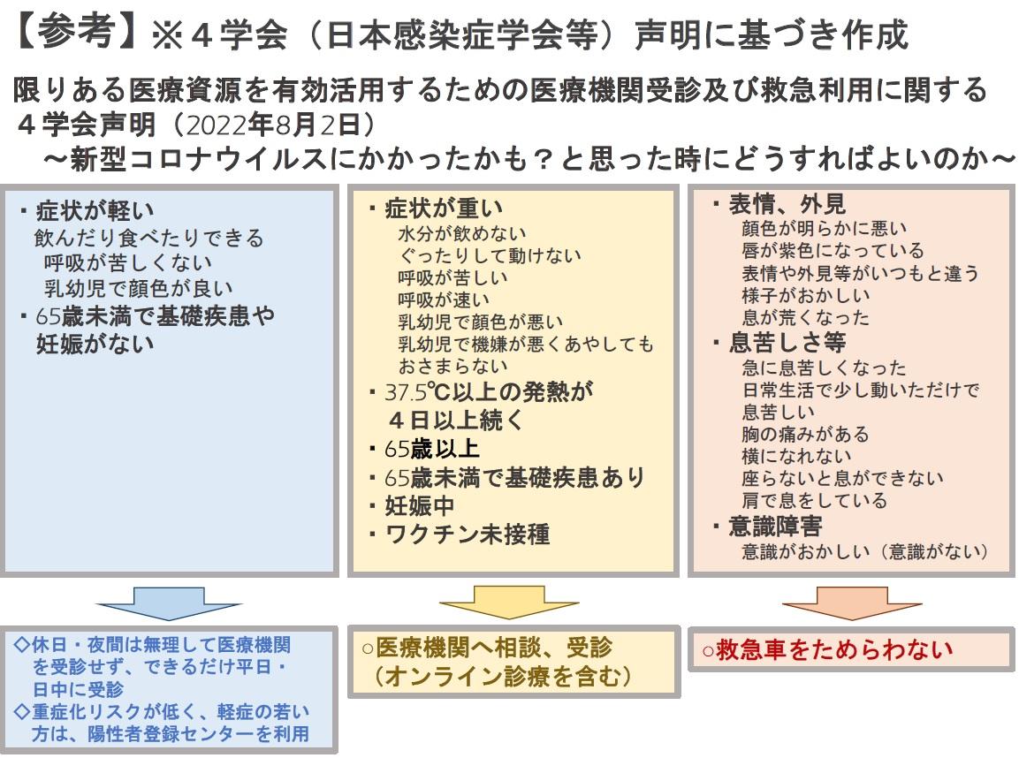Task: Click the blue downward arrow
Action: click(x=169, y=603)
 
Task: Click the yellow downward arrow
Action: click(x=509, y=603)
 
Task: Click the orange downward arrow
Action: click(x=852, y=603)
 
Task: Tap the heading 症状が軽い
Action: click(x=95, y=210)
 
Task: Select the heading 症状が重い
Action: click(x=444, y=208)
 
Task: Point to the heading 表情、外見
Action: click(x=787, y=204)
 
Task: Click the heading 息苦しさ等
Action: click(x=787, y=342)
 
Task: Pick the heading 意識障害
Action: click(x=775, y=526)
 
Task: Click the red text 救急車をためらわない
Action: click(x=834, y=648)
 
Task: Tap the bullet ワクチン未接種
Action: click(x=468, y=534)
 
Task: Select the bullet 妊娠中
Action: click(x=419, y=505)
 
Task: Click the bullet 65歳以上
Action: click(x=432, y=448)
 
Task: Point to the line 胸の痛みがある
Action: click(x=805, y=433)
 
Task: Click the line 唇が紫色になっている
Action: click(x=833, y=250)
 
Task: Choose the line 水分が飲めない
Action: click(x=462, y=232)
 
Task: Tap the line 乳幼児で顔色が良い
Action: click(x=138, y=287)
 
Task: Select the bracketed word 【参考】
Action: click(x=76, y=31)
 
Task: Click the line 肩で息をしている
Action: click(x=814, y=500)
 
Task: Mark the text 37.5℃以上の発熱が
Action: click(x=489, y=391)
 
